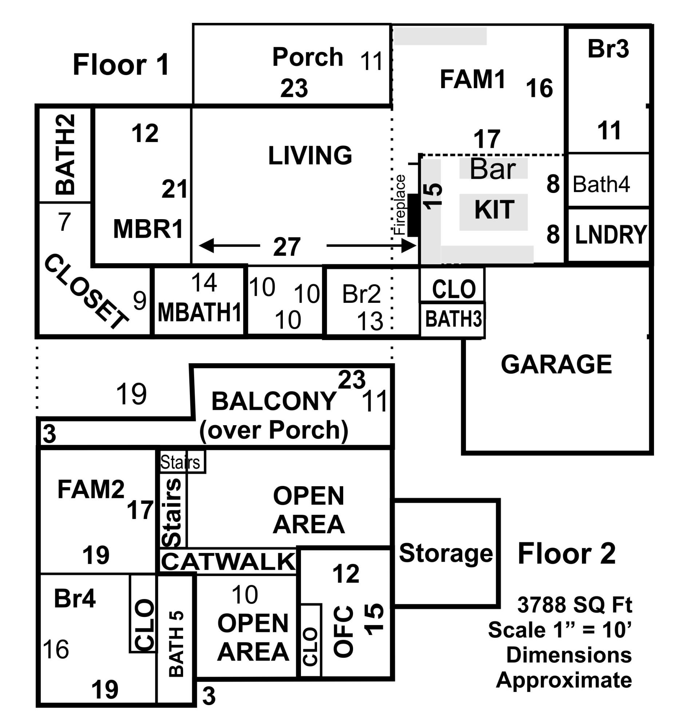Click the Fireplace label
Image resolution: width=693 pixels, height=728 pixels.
coord(400,205)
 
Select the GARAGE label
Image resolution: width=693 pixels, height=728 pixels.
coord(556,365)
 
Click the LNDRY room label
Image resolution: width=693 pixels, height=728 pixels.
coord(611,234)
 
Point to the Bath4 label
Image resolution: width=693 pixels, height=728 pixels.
coord(601,184)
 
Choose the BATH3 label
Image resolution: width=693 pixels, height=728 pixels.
coord(453,319)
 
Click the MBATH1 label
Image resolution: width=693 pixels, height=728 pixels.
coord(199,312)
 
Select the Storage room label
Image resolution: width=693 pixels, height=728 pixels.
coord(446,553)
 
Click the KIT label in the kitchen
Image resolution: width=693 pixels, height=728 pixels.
coord(494,210)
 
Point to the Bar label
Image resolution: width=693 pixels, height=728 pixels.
coord(492,169)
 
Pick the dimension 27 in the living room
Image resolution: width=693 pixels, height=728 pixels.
coord(287,247)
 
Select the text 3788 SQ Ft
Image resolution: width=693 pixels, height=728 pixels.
coord(574,605)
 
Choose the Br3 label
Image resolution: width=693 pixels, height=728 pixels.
coord(608,49)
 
